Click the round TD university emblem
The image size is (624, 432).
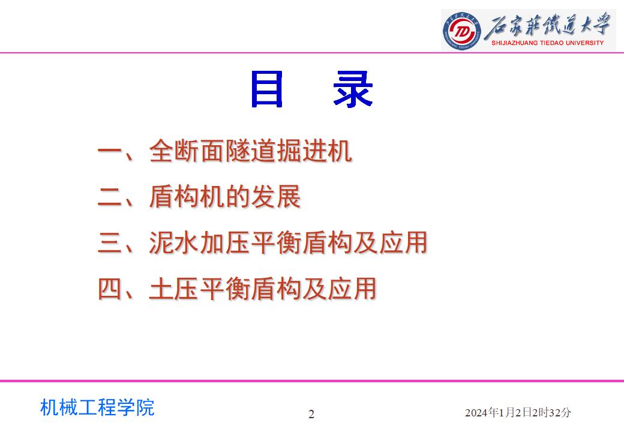pos(461,31)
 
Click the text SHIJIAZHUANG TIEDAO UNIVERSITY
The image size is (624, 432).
pos(548,43)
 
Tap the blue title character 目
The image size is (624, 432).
pos(266,89)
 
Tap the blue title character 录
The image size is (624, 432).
pos(353,89)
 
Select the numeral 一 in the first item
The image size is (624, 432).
pos(109,151)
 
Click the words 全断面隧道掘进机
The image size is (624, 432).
pos(250,151)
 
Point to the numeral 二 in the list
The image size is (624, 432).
pos(109,197)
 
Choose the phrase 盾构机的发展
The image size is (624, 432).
pos(225,197)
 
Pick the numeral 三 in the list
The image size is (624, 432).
pos(109,242)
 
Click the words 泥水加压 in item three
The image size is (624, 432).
pos(199,242)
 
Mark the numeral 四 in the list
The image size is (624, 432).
pos(109,289)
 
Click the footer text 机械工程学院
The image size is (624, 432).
pos(97,407)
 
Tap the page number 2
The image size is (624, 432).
pos(311,414)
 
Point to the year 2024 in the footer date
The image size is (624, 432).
pos(476,413)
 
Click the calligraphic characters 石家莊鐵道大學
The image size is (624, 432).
pos(548,25)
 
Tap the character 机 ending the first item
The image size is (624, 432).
pos(340,151)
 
